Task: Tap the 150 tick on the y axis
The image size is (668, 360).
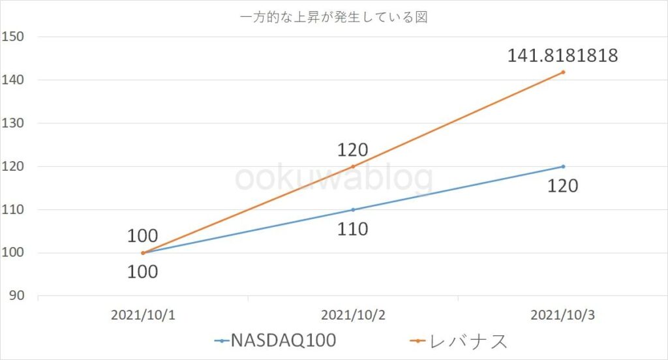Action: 14,37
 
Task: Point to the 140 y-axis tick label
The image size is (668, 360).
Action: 14,80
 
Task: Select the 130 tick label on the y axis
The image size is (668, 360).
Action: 14,123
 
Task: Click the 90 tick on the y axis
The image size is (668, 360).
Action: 16,296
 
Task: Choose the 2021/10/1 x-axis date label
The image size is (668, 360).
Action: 142,315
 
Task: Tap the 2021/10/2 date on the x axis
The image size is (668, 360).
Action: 352,315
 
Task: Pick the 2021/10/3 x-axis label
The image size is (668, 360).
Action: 562,315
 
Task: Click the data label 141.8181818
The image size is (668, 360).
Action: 562,57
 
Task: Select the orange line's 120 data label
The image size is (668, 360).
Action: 353,150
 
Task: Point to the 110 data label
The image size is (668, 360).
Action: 353,229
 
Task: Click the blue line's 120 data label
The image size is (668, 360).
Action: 562,186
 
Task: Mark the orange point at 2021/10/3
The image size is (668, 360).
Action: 563,72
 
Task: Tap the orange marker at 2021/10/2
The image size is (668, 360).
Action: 353,166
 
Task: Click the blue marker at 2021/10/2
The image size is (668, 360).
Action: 353,209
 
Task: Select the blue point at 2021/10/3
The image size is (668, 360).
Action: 563,166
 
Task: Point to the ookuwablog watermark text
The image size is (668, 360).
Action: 333,178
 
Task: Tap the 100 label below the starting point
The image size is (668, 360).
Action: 142,271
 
